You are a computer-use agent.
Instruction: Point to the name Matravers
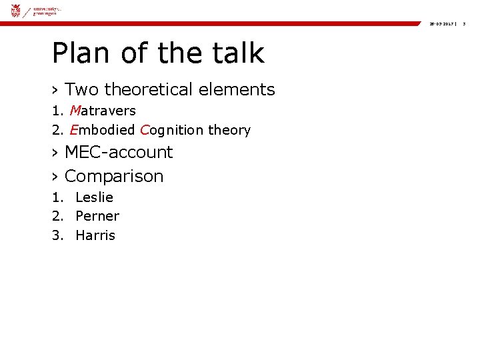click(x=102, y=111)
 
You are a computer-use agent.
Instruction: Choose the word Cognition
click(x=172, y=130)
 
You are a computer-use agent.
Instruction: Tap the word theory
click(x=229, y=130)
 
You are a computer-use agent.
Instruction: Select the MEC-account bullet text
click(x=119, y=152)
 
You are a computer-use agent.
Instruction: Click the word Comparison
click(x=114, y=176)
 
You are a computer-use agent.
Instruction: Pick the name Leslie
click(x=95, y=197)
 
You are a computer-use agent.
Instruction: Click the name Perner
click(x=97, y=216)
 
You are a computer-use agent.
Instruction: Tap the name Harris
click(x=95, y=235)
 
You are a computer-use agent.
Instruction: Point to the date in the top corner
click(x=442, y=23)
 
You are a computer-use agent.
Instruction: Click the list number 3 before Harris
click(x=57, y=235)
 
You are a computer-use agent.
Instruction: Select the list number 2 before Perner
click(x=57, y=216)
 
